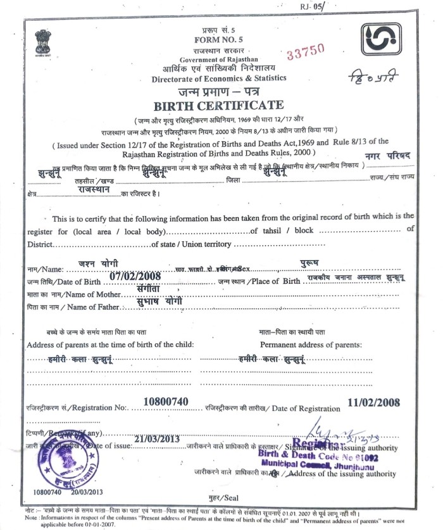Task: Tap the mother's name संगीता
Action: (150, 287)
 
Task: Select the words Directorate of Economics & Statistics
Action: (219, 79)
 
